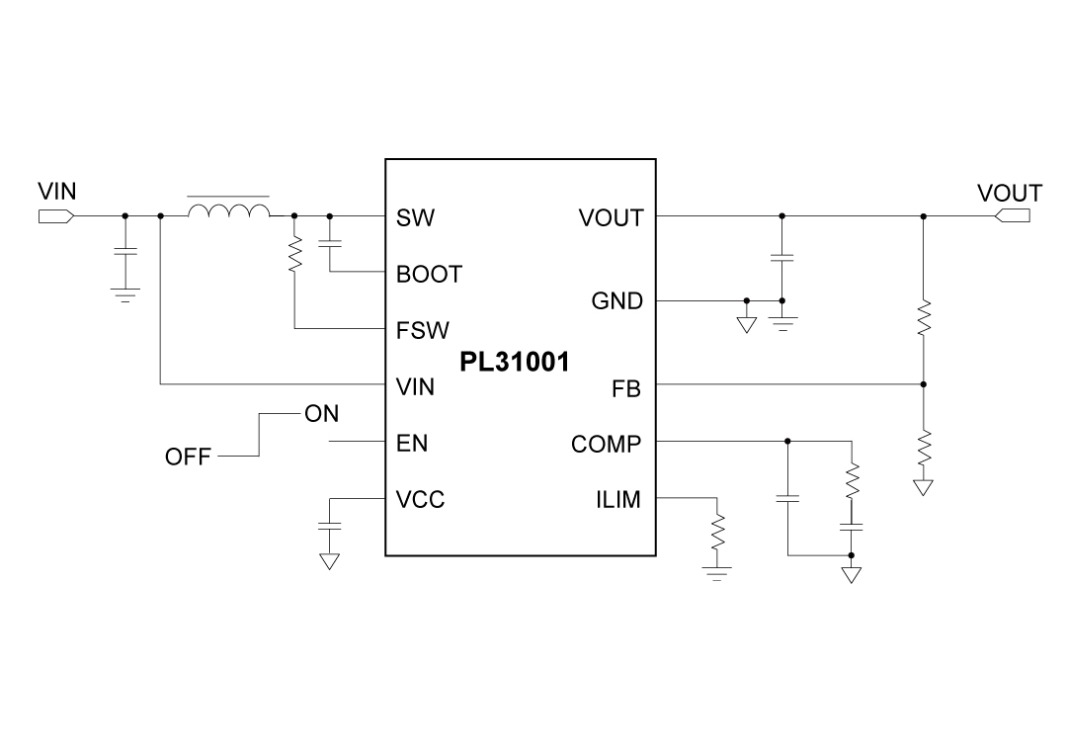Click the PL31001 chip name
(x=514, y=363)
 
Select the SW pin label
(x=415, y=217)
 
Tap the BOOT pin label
(x=429, y=275)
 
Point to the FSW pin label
(x=422, y=331)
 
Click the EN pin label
(x=412, y=444)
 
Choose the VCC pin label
(x=420, y=500)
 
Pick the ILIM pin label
(x=618, y=500)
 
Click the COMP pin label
(x=606, y=444)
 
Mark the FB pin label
(x=626, y=389)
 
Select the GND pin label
(x=616, y=301)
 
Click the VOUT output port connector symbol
(x=1012, y=215)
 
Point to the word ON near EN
(x=322, y=415)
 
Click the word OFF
(x=188, y=458)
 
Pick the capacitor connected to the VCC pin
(x=329, y=528)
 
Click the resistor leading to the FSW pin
(x=295, y=254)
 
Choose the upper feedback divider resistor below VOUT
(x=924, y=319)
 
